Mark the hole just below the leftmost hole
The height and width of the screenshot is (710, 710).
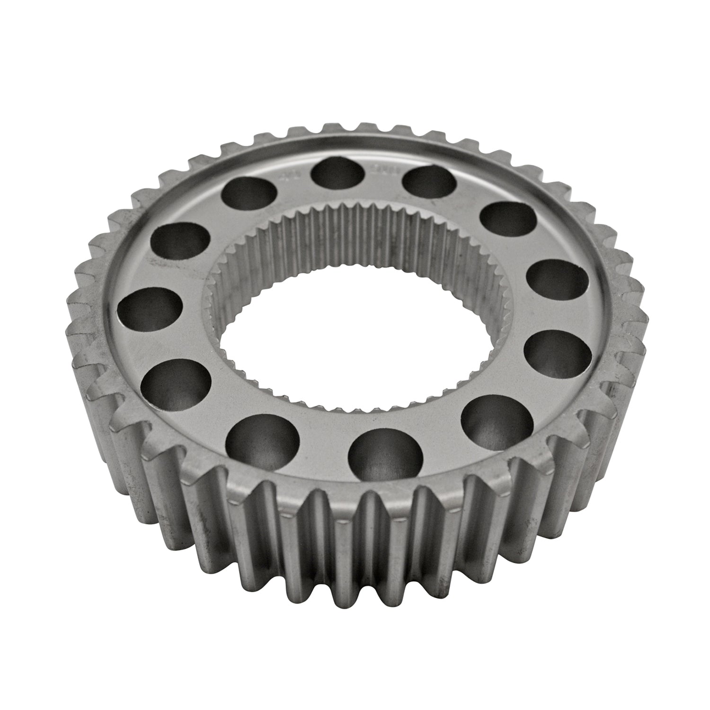(176, 382)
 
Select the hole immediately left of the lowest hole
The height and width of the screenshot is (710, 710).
(263, 440)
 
